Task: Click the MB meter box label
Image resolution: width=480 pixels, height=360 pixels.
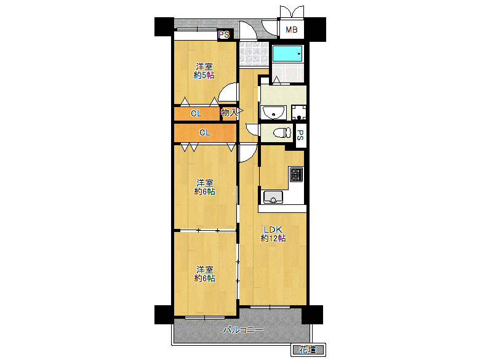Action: click(x=292, y=30)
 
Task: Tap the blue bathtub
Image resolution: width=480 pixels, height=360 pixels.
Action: click(x=287, y=54)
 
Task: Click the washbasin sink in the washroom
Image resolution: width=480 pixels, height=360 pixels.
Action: click(x=273, y=113)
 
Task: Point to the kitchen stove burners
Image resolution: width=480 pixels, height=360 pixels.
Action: click(x=297, y=175)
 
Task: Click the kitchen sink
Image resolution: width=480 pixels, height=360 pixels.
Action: click(x=273, y=197)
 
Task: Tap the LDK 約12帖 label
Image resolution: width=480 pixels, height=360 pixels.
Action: click(x=273, y=234)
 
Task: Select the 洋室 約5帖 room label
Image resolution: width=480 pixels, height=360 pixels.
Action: click(x=204, y=71)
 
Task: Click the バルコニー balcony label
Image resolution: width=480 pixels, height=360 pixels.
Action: click(x=243, y=330)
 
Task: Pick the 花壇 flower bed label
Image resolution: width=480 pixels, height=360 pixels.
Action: click(x=307, y=350)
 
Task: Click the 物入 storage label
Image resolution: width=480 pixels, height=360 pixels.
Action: click(x=229, y=113)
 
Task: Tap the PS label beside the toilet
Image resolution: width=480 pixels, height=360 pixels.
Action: click(x=300, y=135)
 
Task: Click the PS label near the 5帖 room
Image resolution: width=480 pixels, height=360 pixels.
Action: click(x=224, y=34)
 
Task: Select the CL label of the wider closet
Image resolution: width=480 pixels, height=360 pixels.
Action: click(x=205, y=132)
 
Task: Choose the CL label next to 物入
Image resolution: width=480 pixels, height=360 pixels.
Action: click(x=196, y=114)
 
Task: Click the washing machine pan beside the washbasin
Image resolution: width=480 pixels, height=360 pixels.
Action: click(x=298, y=113)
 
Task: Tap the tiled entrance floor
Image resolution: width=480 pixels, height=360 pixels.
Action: click(x=254, y=54)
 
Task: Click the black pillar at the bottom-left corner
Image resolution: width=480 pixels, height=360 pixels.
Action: click(x=164, y=314)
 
